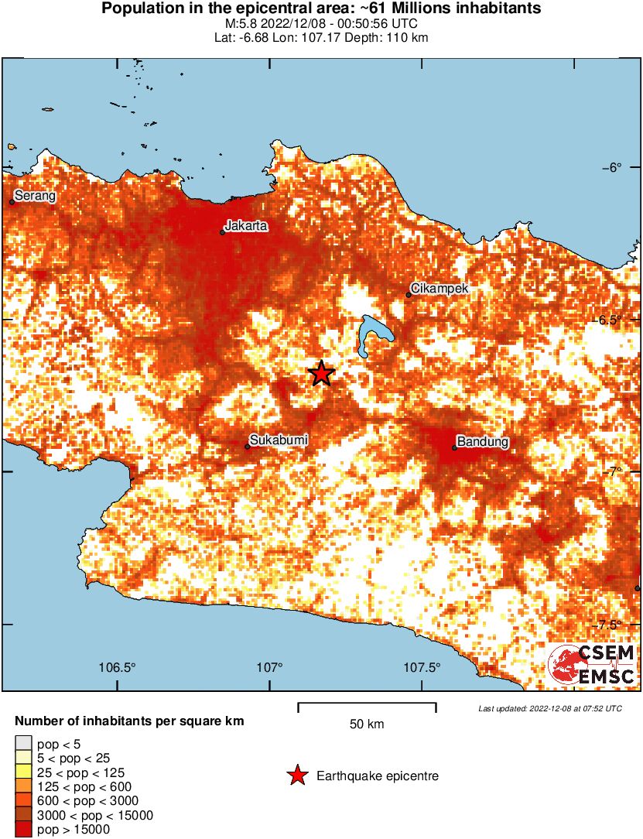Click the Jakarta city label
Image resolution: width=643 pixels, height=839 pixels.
click(246, 226)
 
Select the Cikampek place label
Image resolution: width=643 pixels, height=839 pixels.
click(440, 289)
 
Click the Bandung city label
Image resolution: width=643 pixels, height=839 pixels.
click(483, 442)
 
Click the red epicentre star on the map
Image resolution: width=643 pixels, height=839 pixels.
click(321, 374)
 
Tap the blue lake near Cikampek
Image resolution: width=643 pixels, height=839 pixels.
click(375, 334)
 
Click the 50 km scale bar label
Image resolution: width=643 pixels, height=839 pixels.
click(367, 724)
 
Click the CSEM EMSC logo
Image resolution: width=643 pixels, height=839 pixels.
click(592, 665)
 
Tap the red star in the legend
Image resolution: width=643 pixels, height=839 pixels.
click(296, 776)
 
